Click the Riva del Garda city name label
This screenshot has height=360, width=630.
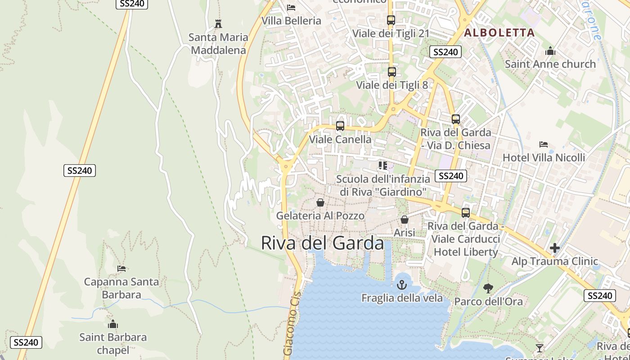322,243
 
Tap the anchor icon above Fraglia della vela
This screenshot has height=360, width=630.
401,284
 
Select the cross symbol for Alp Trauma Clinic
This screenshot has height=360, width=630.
555,248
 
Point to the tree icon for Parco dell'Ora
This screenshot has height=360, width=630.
488,288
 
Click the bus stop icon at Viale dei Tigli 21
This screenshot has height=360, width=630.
391,20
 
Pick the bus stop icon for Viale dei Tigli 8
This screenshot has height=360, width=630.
392,72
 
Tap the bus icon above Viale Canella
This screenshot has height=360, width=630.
340,126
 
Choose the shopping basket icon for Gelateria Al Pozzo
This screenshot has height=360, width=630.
320,202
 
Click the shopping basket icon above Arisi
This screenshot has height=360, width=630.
405,220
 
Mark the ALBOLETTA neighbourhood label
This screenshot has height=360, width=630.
499,32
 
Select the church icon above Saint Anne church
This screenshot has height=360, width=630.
550,51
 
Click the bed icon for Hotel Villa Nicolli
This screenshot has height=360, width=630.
544,144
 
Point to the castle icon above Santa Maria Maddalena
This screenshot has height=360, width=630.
218,23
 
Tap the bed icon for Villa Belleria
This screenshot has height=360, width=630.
291,8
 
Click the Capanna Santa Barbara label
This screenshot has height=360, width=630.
121,288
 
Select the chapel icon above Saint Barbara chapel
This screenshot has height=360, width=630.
113,324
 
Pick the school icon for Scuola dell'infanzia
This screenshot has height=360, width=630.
383,166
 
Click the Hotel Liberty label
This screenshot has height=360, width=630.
466,252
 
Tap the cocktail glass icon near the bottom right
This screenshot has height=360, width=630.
539,348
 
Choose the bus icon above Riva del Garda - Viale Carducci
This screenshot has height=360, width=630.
466,212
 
